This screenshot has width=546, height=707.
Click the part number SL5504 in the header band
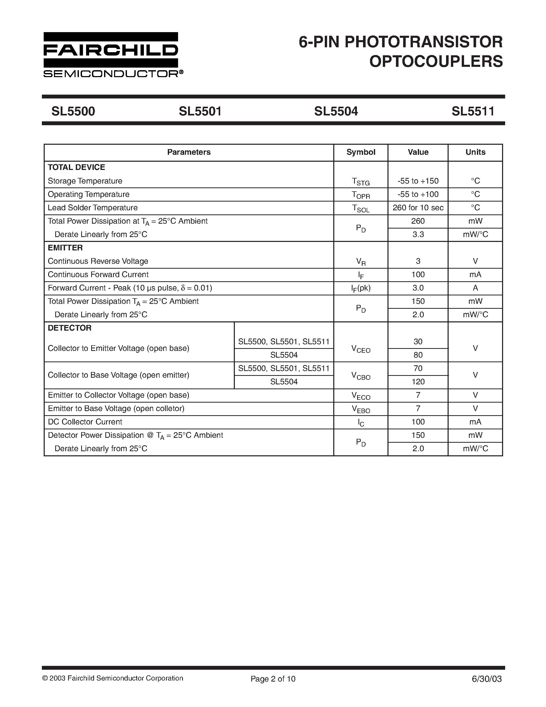pos(336,111)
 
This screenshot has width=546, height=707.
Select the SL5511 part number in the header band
pos(473,111)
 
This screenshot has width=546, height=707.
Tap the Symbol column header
pos(361,152)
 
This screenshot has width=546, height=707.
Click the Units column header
pos(475,152)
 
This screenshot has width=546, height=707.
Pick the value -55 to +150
pos(418,181)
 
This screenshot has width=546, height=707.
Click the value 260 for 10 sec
pos(418,208)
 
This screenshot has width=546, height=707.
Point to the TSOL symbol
pos(361,209)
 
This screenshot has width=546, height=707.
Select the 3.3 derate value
pos(418,234)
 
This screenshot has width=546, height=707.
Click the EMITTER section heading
pos(65,248)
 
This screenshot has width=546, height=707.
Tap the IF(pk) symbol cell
pos(361,288)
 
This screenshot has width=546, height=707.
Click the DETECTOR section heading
pos(70,328)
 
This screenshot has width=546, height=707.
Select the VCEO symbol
pos(361,349)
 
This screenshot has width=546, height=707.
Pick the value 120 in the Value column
pos(418,382)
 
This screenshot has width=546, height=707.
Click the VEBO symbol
pos(361,409)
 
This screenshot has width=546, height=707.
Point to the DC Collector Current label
pos(85,422)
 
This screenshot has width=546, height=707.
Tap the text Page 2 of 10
pos(273,679)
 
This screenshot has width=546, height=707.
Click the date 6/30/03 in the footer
pos(487,679)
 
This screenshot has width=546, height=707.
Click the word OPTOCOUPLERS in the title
pos(436,61)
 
